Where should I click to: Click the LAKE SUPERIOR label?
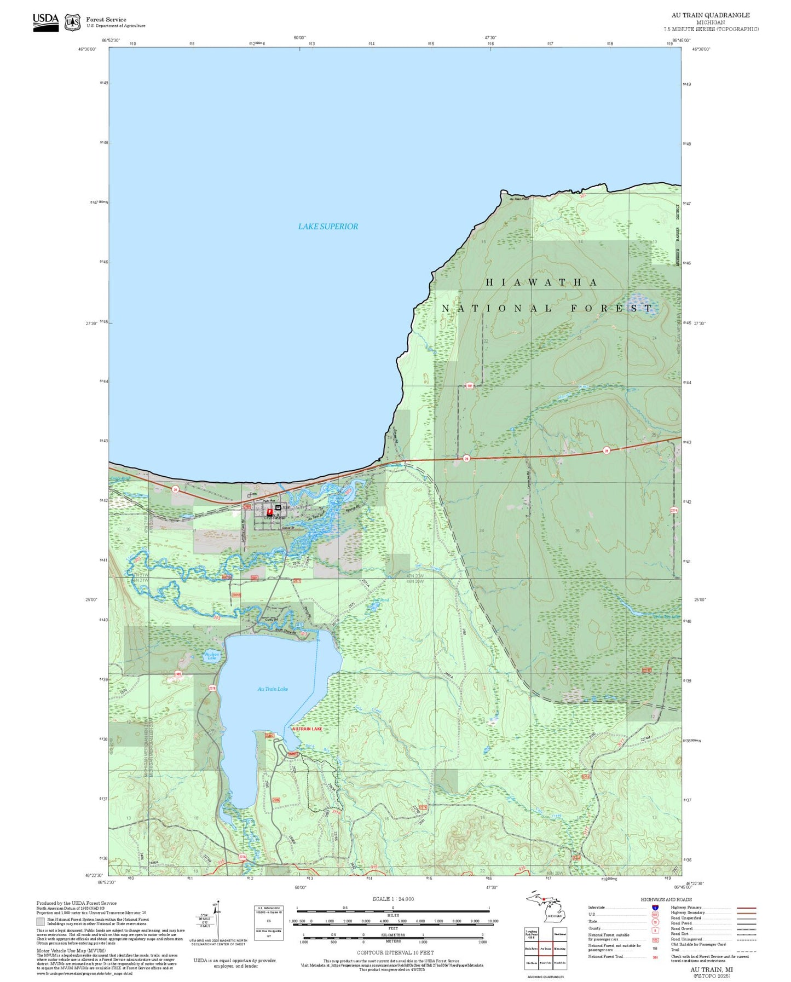[328, 226]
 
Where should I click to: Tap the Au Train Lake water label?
[273, 689]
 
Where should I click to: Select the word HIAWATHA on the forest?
[541, 282]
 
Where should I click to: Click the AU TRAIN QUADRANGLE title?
[711, 15]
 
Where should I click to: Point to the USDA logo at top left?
[45, 22]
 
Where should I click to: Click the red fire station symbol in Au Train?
[269, 512]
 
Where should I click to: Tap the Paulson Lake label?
[212, 655]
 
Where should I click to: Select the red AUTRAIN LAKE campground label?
[307, 729]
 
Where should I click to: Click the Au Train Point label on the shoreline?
[519, 199]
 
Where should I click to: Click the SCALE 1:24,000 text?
[393, 899]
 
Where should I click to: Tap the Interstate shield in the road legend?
[655, 908]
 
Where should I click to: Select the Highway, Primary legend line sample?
[746, 908]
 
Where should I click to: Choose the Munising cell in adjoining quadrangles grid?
[559, 948]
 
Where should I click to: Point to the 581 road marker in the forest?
[470, 386]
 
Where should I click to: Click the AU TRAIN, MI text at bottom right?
[711, 969]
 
